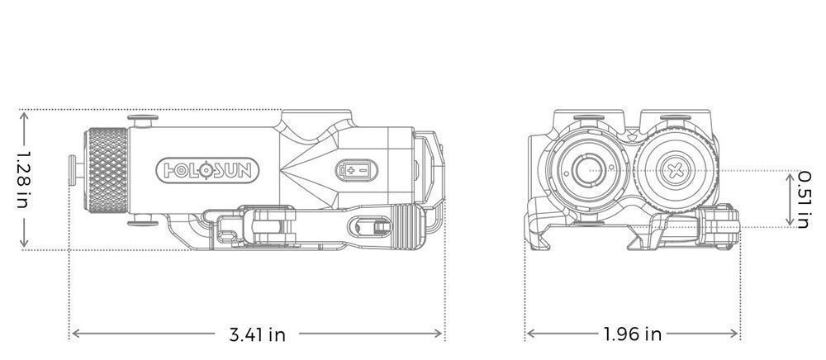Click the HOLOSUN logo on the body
(x=207, y=171)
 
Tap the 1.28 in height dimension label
(x=23, y=179)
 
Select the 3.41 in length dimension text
(x=257, y=334)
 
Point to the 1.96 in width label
(x=632, y=334)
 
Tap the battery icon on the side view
(x=357, y=171)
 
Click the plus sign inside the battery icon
(x=351, y=171)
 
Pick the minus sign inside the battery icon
(x=363, y=171)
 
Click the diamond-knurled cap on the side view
(x=106, y=170)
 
